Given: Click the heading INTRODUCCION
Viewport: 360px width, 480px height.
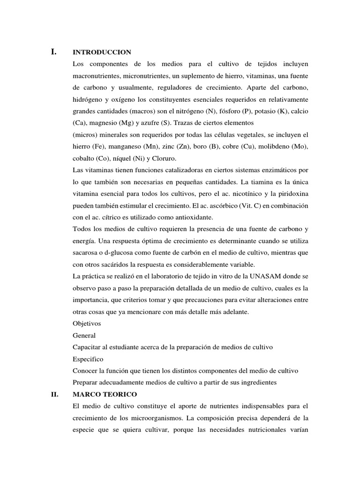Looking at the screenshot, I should pyautogui.click(x=102, y=52).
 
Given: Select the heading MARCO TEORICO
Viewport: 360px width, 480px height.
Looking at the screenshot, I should pyautogui.click(x=105, y=394).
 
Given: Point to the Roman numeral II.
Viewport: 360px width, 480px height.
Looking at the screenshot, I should pyautogui.click(x=54, y=394).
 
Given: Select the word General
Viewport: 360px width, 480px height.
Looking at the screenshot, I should pyautogui.click(x=84, y=335).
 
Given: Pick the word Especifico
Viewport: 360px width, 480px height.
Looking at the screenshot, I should pyautogui.click(x=88, y=359).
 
